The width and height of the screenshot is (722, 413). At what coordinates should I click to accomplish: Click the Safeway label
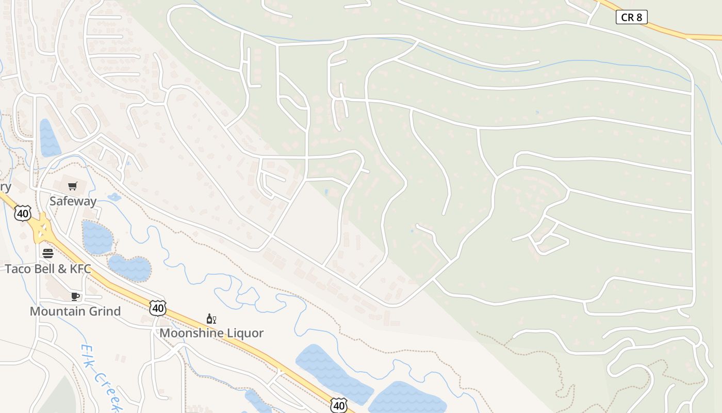pos(73,201)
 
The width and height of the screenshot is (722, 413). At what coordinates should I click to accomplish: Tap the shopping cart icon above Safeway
pos(73,186)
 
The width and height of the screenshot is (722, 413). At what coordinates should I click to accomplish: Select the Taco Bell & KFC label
pos(48,268)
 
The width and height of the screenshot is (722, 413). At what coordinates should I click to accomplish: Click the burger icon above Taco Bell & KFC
pos(48,253)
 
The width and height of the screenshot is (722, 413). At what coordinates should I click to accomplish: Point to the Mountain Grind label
pos(75,311)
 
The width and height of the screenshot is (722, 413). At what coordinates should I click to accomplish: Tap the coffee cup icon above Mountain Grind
pos(75,296)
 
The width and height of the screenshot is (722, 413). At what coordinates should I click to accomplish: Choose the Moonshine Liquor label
pos(211,333)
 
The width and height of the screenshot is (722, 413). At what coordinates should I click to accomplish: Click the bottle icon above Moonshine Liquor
pos(211,319)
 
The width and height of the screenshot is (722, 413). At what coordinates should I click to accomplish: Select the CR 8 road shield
pos(631,17)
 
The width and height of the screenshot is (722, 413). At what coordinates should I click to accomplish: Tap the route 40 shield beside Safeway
pos(23,213)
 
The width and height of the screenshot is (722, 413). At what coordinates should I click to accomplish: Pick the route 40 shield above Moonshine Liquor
pos(158,308)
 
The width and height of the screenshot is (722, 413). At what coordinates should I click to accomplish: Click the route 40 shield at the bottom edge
pos(339,405)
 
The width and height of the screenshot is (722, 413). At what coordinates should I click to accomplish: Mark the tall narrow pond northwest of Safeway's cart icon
pos(49,138)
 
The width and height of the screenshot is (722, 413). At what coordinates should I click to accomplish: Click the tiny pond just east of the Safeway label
pos(114,197)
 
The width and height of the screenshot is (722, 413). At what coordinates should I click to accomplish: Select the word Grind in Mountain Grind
pos(103,311)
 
